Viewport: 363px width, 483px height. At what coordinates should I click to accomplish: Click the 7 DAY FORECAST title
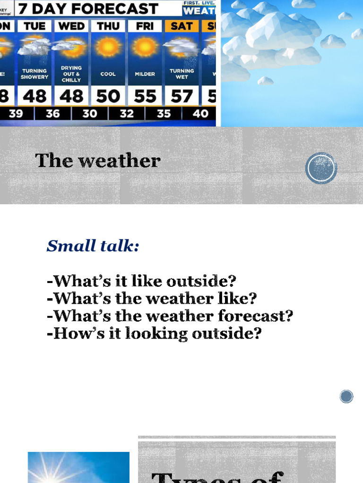88,8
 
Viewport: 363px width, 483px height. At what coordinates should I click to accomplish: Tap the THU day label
108,26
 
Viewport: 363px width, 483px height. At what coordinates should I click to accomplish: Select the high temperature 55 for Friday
145,96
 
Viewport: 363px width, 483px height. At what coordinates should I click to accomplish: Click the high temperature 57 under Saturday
181,96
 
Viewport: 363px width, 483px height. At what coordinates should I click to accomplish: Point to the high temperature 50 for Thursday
108,96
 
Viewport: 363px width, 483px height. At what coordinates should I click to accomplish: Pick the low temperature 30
90,114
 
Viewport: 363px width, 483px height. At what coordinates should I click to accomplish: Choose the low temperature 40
200,114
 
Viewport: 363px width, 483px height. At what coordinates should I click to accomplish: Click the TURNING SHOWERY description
35,74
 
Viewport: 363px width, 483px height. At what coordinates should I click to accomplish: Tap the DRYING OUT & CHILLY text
71,74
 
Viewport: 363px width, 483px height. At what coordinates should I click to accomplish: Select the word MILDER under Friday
145,74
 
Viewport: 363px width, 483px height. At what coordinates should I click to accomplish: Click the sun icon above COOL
108,47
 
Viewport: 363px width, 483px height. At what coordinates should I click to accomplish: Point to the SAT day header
181,26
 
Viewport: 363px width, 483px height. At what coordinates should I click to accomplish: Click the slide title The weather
98,161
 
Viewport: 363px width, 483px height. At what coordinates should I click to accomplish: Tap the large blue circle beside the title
321,168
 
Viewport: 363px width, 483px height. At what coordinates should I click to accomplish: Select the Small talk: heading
93,246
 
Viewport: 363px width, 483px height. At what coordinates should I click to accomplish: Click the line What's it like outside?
141,281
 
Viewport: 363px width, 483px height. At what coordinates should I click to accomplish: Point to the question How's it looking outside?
154,333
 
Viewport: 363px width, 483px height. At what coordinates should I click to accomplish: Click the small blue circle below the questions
346,396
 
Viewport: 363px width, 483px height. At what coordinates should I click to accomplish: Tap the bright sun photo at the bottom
78,467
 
